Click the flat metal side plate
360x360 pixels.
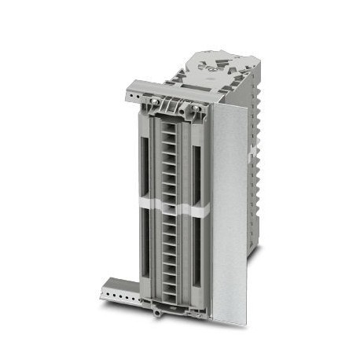click(x=229, y=212)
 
